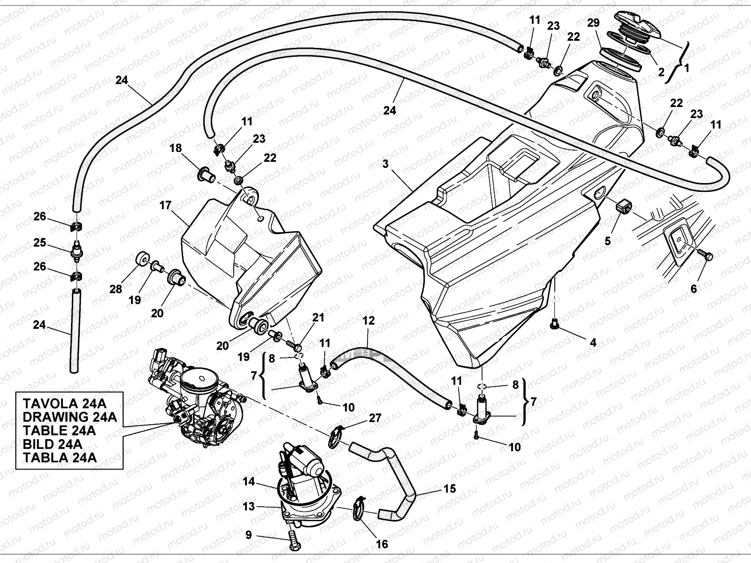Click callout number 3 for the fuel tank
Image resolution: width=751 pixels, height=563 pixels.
tap(385, 164)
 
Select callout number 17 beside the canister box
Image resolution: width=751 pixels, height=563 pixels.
tap(165, 205)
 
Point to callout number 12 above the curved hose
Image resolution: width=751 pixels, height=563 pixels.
tap(368, 321)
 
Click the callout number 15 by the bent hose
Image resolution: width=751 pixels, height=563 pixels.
tap(449, 489)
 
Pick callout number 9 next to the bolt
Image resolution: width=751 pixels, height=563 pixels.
tap(248, 535)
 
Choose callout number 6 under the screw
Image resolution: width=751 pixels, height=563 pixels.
tap(694, 289)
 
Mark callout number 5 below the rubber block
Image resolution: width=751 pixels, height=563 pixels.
tap(607, 241)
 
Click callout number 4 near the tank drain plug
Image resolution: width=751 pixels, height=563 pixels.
tap(593, 342)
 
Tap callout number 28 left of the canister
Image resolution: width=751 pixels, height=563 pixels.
tap(116, 289)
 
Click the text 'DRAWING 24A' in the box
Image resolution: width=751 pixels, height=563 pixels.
tap(69, 417)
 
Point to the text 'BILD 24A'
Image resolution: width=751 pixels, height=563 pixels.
tap(52, 444)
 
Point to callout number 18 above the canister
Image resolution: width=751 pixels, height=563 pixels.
tap(176, 149)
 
